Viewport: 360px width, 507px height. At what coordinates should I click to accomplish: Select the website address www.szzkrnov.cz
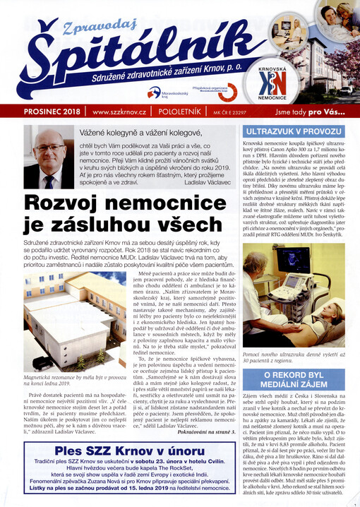[114, 112]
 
